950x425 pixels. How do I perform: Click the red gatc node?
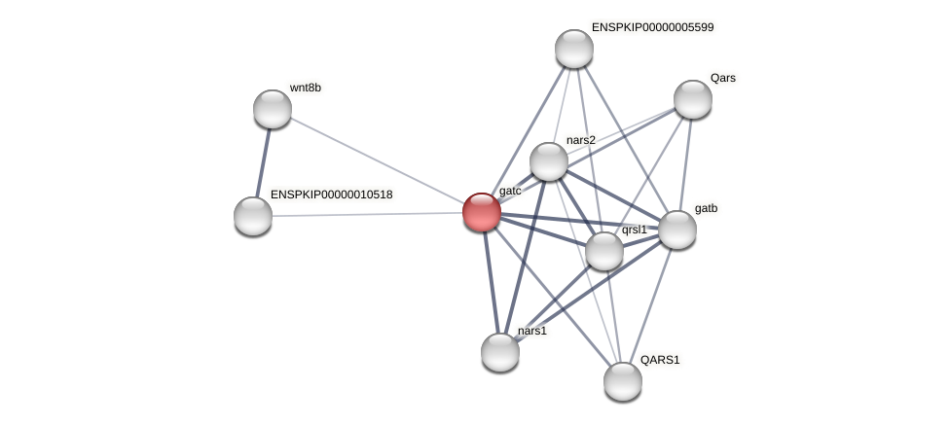tap(482, 212)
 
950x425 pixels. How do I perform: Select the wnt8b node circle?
tap(273, 109)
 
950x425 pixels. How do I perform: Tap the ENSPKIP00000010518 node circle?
tap(253, 216)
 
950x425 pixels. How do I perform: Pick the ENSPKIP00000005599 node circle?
tap(574, 49)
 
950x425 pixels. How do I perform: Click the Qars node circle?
tap(693, 99)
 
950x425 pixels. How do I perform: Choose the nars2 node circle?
tap(549, 161)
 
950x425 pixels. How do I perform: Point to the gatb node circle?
tap(677, 230)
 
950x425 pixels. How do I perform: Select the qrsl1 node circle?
tap(604, 251)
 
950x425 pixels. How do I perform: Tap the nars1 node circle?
tap(500, 352)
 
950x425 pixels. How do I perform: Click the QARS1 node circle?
tap(623, 381)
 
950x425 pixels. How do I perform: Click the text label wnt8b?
tap(305, 88)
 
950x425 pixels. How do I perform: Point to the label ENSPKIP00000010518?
tap(331, 195)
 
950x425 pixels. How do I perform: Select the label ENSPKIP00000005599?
tap(652, 27)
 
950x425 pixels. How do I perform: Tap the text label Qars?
tap(722, 78)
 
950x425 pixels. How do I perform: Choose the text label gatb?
tap(706, 208)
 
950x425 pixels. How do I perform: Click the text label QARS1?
tap(659, 360)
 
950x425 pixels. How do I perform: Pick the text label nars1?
tap(531, 331)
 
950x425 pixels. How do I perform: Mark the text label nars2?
tap(580, 140)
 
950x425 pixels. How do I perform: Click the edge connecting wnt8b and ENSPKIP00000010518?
tap(263, 162)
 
